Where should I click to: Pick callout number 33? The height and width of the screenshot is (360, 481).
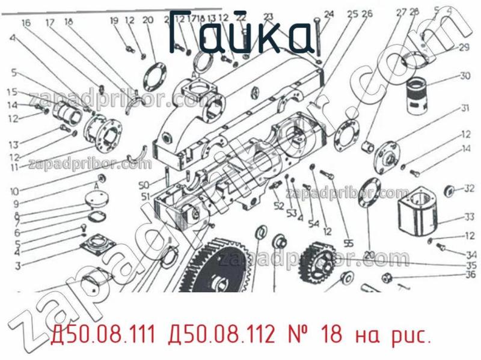469,217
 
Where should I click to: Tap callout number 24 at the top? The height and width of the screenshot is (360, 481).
328,14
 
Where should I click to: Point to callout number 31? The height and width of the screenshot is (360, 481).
465,109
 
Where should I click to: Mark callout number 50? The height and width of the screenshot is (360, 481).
143,184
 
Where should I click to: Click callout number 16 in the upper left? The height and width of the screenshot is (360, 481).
26,23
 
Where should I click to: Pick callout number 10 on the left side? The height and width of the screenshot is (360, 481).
14,192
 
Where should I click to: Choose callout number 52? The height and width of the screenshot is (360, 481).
278,206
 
